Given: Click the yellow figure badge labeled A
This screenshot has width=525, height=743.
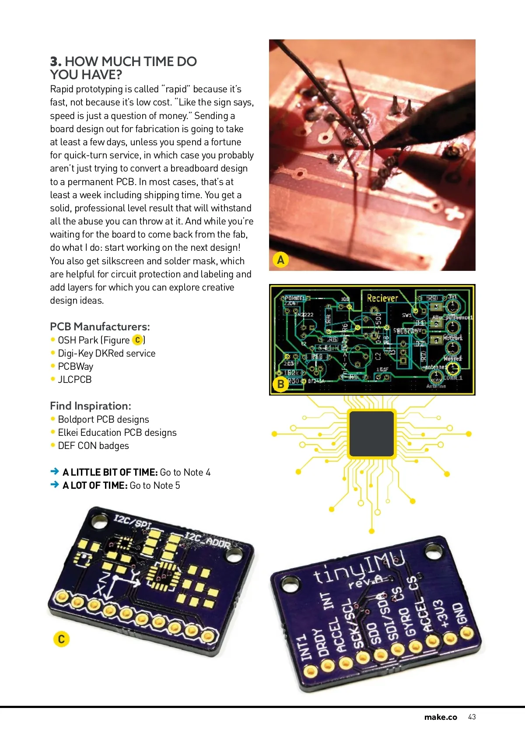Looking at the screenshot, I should click(281, 259).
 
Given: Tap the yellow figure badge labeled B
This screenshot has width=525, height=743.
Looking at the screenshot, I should click(281, 384).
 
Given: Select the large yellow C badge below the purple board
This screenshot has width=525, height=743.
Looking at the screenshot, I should click(61, 639).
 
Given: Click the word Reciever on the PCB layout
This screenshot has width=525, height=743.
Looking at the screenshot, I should click(382, 298).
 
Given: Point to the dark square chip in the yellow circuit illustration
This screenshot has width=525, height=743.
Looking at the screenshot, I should click(371, 434).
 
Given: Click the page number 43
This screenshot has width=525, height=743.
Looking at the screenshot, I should click(472, 717).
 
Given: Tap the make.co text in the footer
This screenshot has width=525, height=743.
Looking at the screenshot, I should click(441, 717).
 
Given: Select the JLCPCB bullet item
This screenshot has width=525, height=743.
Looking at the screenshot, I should click(75, 379).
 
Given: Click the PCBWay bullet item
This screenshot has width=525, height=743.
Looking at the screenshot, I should click(76, 366).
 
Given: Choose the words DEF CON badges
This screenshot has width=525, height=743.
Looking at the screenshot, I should click(93, 445).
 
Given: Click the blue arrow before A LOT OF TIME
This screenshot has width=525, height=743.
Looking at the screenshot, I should click(55, 485).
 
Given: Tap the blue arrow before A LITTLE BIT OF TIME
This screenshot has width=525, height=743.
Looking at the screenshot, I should click(55, 472).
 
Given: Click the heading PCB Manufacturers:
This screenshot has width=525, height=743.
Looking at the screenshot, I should click(100, 326).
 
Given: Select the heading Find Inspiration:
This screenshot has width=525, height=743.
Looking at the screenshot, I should click(91, 406).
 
